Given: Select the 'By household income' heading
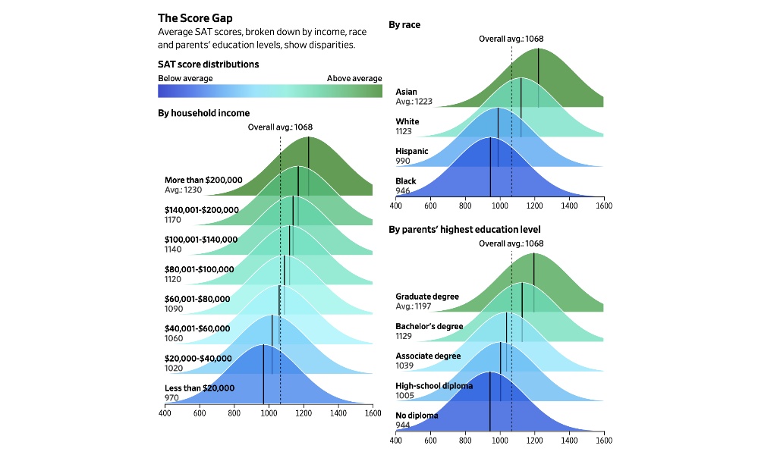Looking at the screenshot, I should click(x=203, y=113).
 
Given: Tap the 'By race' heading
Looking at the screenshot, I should click(x=404, y=25).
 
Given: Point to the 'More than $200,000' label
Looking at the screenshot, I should click(x=203, y=180).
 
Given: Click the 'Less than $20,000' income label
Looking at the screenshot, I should click(x=200, y=388).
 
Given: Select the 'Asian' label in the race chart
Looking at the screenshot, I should click(x=406, y=92).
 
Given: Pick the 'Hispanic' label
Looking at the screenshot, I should click(x=412, y=151).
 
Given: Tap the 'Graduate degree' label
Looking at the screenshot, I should click(x=427, y=297).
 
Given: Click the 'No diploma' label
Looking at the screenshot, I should click(x=417, y=416).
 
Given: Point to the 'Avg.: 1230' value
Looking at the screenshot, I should click(x=183, y=190).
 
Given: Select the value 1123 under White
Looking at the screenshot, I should click(x=404, y=131).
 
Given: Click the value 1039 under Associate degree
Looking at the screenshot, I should click(x=404, y=365).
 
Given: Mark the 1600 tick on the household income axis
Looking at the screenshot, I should click(x=373, y=413).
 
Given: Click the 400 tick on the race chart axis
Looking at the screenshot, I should click(x=396, y=206).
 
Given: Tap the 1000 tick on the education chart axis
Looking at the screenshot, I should click(x=499, y=440).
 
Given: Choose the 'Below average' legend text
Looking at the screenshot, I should click(x=185, y=78).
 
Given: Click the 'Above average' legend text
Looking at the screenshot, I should click(x=354, y=78).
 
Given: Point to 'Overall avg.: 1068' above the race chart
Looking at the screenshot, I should click(x=511, y=39).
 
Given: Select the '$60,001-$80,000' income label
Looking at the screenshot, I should click(x=197, y=299).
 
